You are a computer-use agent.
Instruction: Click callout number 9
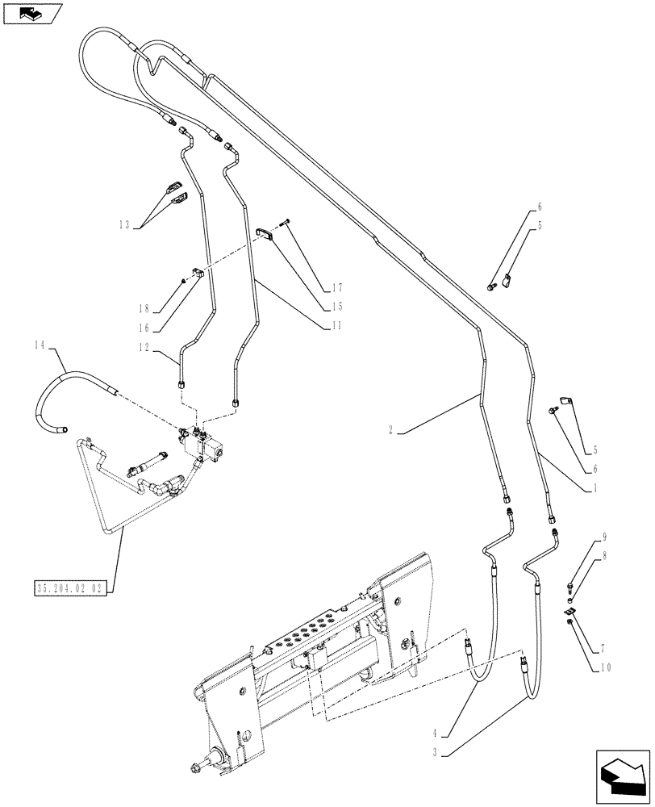point(604,536)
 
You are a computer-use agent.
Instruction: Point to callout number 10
point(605,667)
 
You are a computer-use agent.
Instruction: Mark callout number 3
point(435,752)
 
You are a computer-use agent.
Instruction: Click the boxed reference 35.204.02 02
point(71,587)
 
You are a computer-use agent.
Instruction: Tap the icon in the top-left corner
point(32,14)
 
